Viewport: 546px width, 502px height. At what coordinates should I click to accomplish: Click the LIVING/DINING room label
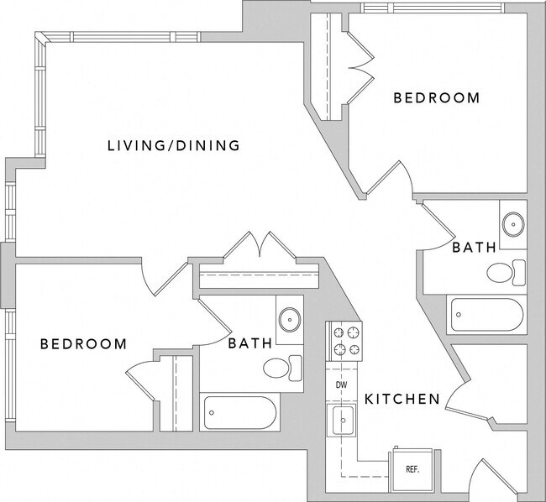click(x=174, y=145)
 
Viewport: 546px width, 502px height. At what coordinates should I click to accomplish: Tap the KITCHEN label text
click(x=402, y=399)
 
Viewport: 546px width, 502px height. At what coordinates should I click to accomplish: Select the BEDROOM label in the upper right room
click(x=437, y=98)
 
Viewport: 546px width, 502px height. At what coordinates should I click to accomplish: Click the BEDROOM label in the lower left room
click(x=84, y=344)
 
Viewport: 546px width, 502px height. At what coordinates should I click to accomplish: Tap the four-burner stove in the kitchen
click(x=344, y=342)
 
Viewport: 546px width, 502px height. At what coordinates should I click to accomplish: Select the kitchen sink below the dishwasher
click(x=342, y=420)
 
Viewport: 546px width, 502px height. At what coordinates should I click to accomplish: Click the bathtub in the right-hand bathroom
click(x=487, y=316)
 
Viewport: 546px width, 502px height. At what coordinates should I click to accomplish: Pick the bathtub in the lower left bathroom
click(x=239, y=413)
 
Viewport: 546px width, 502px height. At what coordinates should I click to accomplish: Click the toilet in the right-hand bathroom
click(x=506, y=272)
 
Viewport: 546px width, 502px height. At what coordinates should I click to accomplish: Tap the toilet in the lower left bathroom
click(x=281, y=368)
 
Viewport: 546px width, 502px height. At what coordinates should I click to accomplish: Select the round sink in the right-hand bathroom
click(x=512, y=223)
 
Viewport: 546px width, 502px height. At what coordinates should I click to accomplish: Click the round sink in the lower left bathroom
click(x=291, y=320)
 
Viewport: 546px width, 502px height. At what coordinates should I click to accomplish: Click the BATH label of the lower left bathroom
click(x=249, y=343)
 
